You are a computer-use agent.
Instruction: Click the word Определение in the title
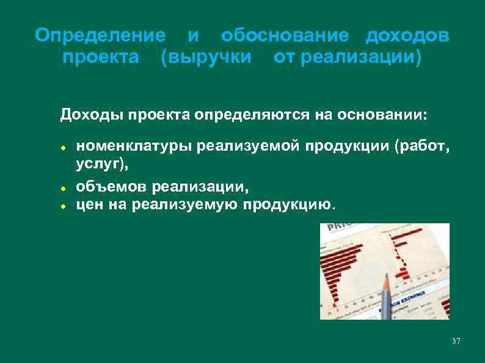[100, 35]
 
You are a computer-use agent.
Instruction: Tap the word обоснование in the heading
[285, 35]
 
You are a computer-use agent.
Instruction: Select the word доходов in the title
[407, 35]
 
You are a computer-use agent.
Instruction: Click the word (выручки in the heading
[206, 59]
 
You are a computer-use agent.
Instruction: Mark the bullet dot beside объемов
[63, 187]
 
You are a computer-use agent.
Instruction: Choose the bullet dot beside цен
[63, 205]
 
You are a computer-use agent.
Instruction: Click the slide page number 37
[456, 340]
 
